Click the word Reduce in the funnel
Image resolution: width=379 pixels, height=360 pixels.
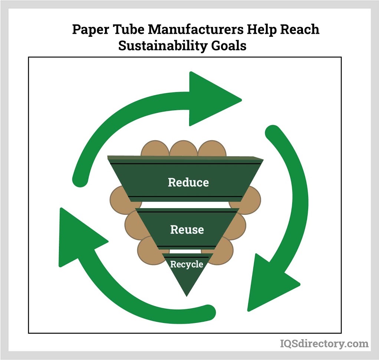pyautogui.click(x=188, y=182)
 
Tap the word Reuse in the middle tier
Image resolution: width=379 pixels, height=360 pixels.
pyautogui.click(x=187, y=229)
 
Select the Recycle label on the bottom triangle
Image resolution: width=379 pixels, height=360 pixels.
pyautogui.click(x=187, y=264)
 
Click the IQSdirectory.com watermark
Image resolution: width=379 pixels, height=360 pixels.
pyautogui.click(x=324, y=344)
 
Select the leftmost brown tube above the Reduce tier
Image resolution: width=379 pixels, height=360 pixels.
pyautogui.click(x=155, y=149)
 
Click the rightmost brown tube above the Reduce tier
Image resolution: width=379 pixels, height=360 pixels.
pyautogui.click(x=212, y=149)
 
